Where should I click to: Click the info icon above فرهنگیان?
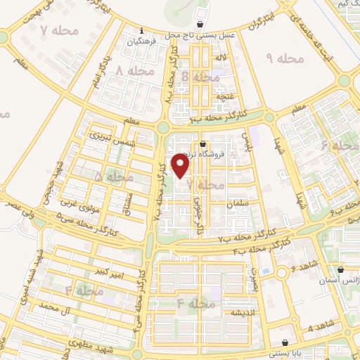coord(142,31)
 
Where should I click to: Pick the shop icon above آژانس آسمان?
coord(341,269)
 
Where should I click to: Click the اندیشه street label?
coord(233,311)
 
